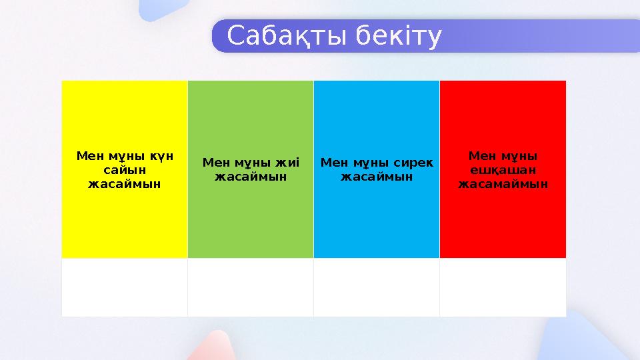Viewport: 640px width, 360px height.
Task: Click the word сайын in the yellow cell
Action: (125, 170)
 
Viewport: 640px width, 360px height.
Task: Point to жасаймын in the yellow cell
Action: (125, 183)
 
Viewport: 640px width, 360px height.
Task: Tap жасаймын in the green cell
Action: (251, 177)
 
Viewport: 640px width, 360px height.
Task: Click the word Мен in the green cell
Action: (215, 163)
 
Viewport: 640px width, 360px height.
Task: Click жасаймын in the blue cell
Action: (377, 177)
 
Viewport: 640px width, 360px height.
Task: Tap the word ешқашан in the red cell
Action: (503, 170)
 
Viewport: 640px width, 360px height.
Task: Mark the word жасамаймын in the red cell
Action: (503, 183)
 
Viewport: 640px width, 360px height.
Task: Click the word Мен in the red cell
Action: (481, 156)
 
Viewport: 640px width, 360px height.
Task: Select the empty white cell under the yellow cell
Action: (125, 287)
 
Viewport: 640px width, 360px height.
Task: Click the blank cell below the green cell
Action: (251, 287)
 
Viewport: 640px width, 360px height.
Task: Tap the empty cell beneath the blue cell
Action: (377, 287)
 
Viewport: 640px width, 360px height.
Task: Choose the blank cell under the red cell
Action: (503, 287)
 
